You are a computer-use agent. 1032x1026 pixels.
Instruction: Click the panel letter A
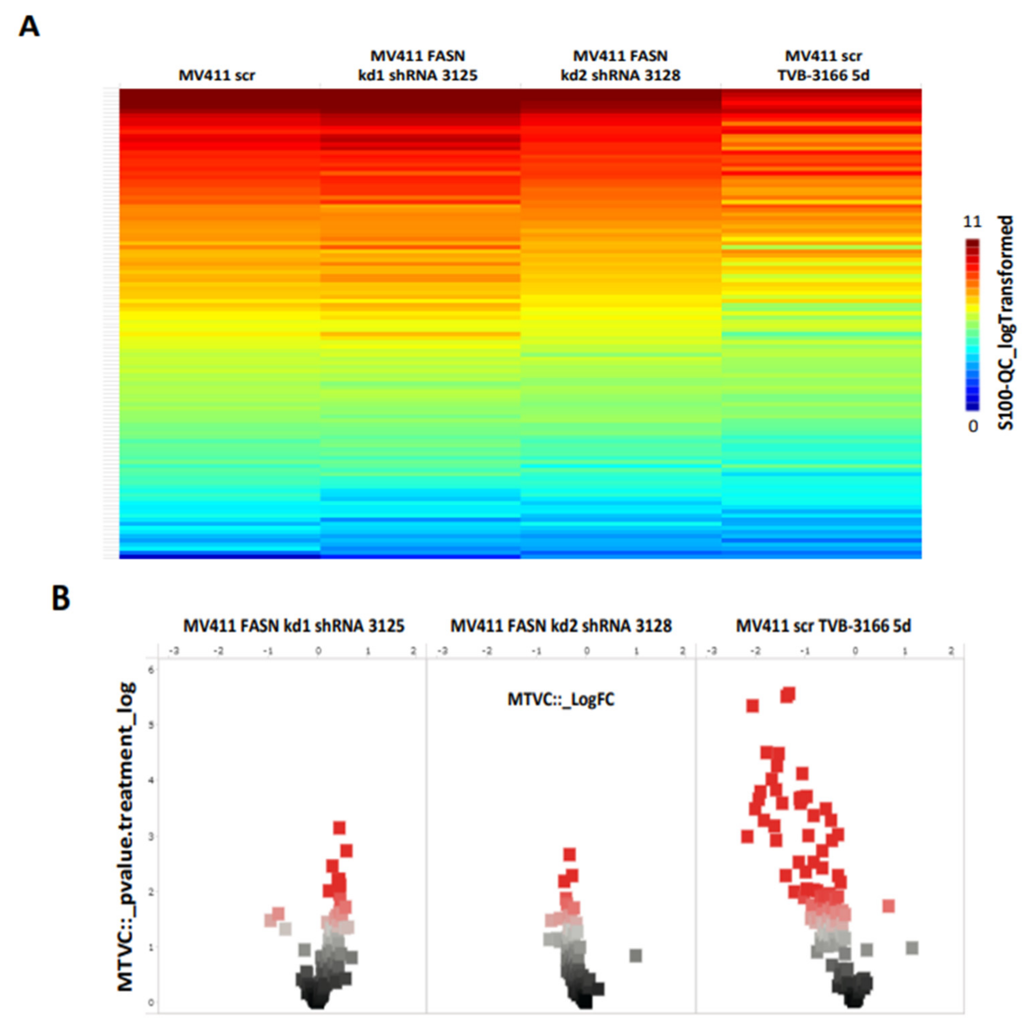coord(29,27)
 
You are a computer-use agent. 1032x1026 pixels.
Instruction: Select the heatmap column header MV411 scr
coord(216,75)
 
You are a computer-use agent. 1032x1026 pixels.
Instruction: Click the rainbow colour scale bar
coord(972,324)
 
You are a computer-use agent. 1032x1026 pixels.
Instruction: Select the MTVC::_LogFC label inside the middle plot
coord(561,699)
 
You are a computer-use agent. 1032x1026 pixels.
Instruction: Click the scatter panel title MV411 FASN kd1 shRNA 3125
coord(294,626)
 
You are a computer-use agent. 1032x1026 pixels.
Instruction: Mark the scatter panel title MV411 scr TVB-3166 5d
coord(823,626)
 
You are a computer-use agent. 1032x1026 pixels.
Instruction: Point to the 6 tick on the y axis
coord(151,670)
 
